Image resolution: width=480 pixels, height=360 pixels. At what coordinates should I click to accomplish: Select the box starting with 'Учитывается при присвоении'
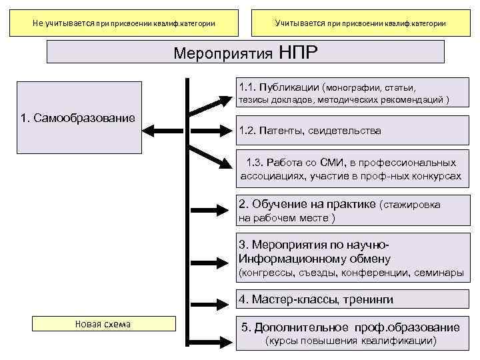360,23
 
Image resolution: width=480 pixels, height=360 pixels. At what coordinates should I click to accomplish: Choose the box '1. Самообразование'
77,117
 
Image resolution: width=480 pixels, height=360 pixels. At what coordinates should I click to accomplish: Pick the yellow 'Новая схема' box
103,324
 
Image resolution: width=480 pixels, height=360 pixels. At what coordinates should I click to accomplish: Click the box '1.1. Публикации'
350,94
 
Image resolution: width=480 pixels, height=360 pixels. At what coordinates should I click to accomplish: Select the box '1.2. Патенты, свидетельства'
350,131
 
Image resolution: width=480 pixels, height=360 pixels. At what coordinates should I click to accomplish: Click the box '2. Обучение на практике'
350,210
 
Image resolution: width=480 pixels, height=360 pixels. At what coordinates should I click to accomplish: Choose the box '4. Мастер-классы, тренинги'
350,299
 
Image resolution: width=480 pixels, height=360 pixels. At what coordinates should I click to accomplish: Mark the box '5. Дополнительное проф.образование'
350,334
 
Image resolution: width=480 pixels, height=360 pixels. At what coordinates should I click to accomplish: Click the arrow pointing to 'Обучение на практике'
210,207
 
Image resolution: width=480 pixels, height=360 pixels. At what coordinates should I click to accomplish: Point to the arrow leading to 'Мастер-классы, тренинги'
210,300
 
